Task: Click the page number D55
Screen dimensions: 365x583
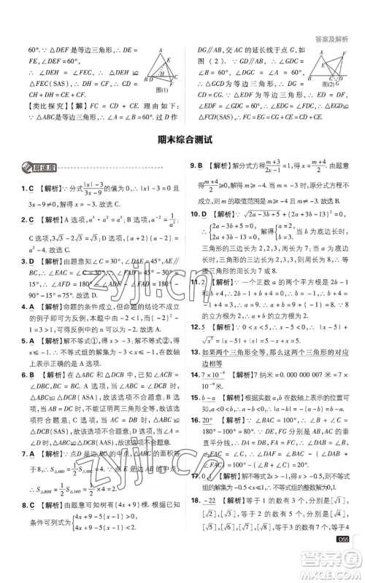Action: click(x=342, y=560)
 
